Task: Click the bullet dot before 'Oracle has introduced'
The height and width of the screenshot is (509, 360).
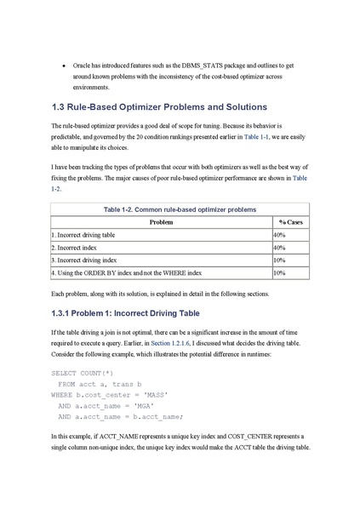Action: click(x=64, y=65)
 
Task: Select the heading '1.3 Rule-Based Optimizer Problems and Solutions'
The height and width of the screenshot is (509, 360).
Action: click(x=159, y=106)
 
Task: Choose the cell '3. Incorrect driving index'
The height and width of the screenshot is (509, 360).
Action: click(x=84, y=260)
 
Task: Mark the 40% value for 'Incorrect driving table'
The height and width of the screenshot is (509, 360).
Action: click(x=279, y=234)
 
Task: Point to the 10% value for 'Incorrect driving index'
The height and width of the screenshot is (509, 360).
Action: click(x=279, y=260)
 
